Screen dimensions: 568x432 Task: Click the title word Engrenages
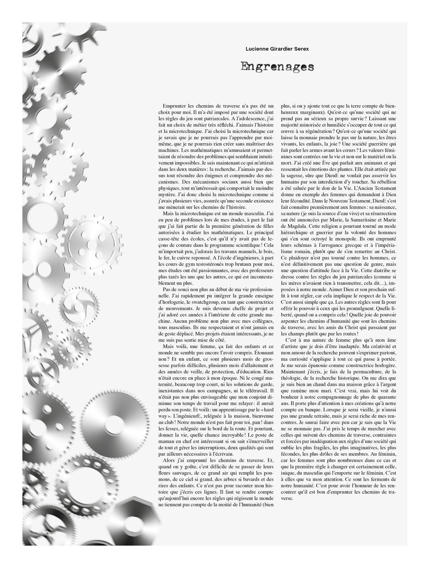pos(277,67)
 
